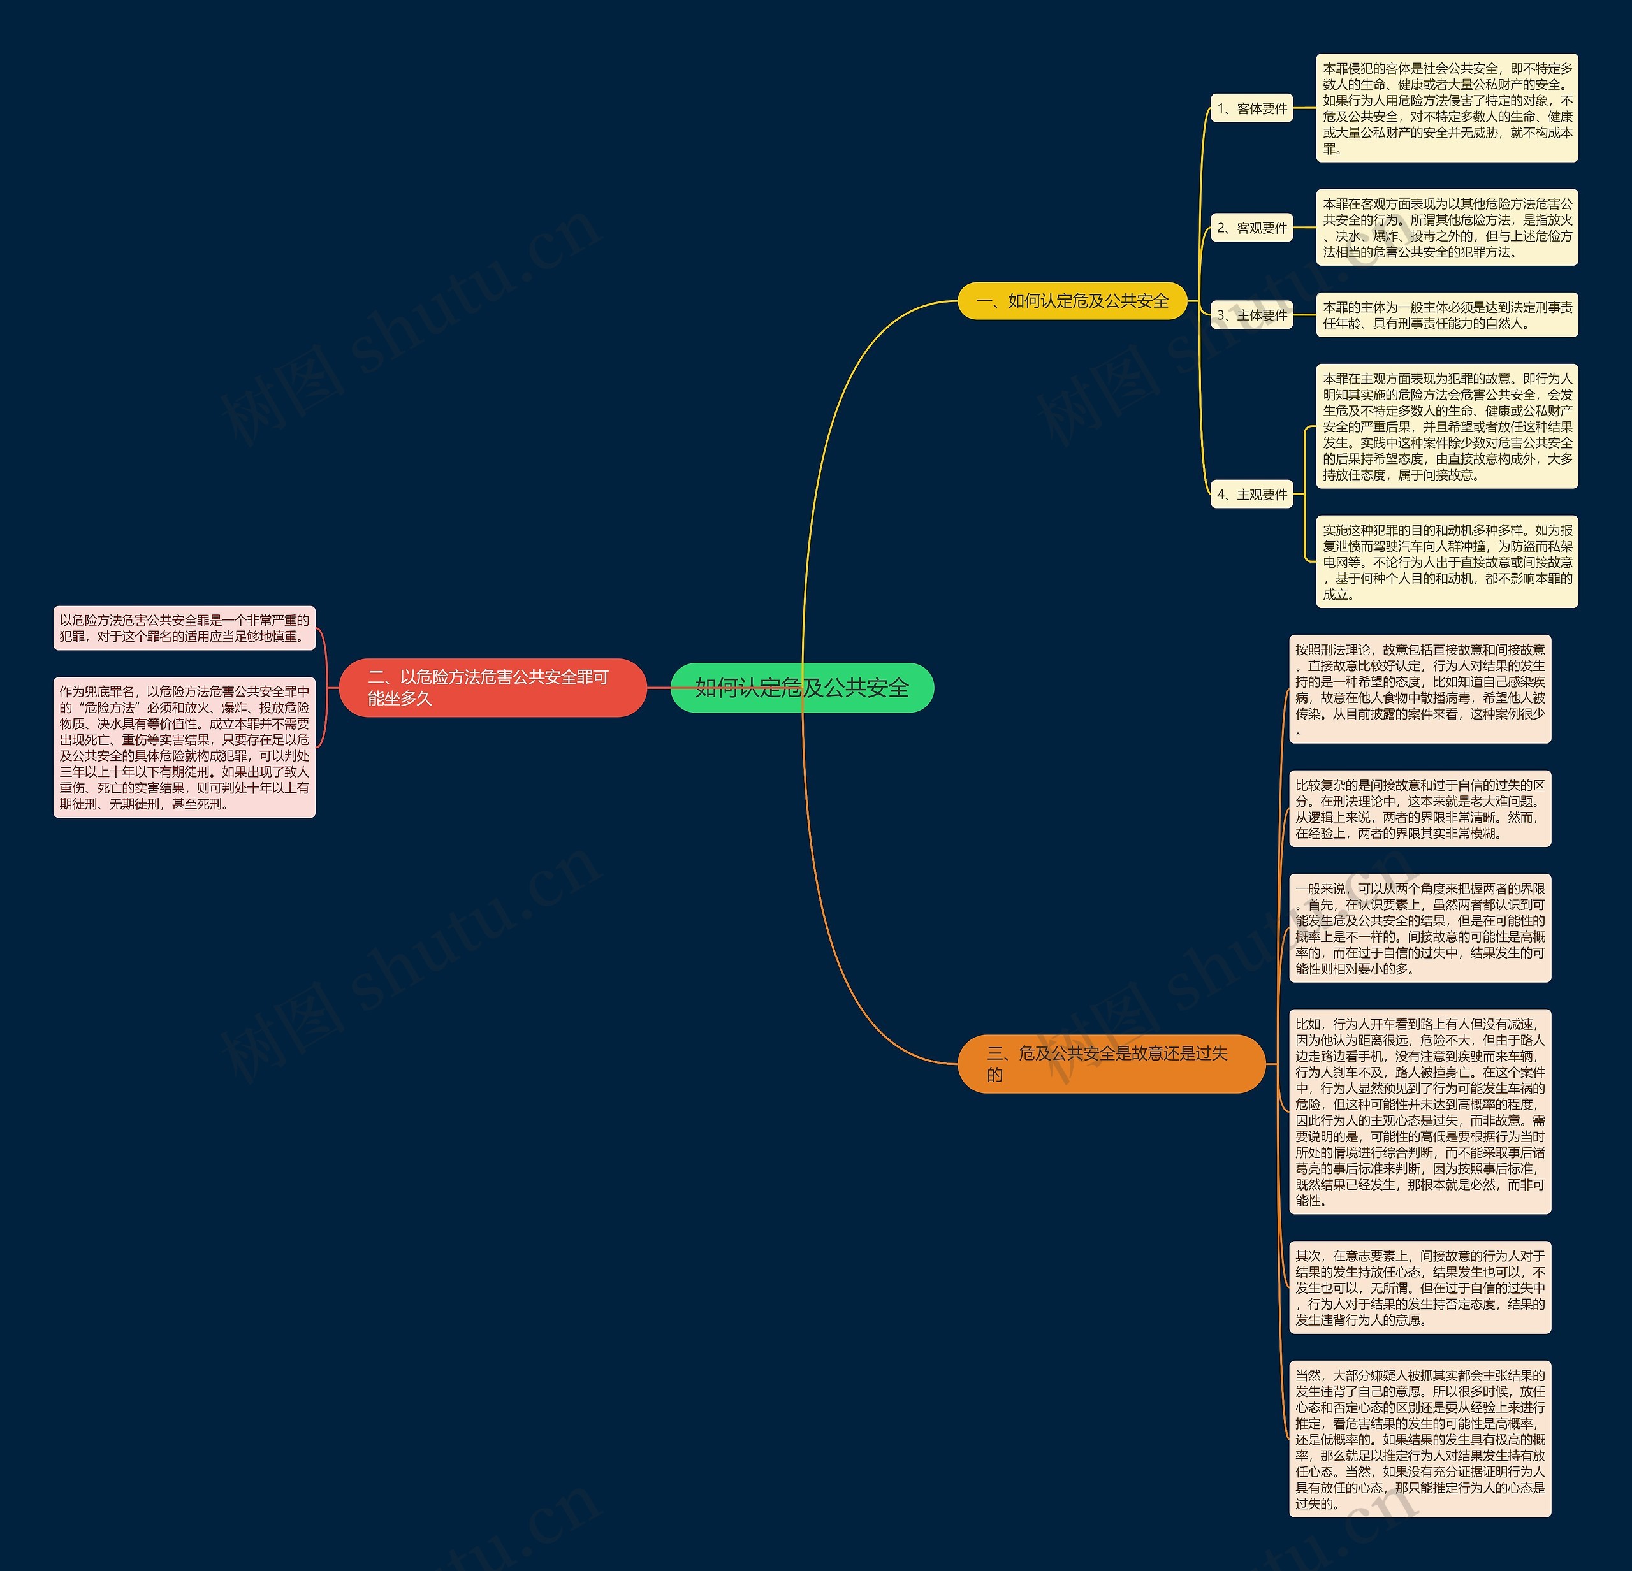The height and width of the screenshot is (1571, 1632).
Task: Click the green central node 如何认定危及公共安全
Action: [x=802, y=688]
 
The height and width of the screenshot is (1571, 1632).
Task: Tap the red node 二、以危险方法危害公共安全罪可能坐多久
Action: [x=492, y=688]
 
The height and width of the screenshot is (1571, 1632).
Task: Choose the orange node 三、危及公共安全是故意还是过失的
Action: [x=1111, y=1063]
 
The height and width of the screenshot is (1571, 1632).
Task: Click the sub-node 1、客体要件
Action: [x=1251, y=108]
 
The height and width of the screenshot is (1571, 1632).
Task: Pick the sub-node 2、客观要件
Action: [x=1251, y=228]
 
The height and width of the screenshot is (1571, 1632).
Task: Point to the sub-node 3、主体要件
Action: [x=1251, y=315]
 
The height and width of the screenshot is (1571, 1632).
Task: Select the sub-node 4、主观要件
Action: [x=1251, y=495]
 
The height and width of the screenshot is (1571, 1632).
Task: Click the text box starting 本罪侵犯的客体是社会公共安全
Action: [x=1446, y=108]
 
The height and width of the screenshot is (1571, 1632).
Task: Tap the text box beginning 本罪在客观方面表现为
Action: [x=1446, y=228]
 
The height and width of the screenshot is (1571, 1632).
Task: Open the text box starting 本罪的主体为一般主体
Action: [x=1446, y=315]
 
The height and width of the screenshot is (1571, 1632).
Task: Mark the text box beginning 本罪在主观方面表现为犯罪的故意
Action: [x=1446, y=426]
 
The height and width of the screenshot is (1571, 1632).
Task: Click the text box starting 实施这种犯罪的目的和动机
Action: [x=1446, y=561]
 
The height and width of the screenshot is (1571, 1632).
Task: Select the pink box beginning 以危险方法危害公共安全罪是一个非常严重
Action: [x=184, y=628]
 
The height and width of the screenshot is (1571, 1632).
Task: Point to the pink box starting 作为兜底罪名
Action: [x=184, y=747]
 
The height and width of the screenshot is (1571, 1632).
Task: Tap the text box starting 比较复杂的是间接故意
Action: [x=1420, y=808]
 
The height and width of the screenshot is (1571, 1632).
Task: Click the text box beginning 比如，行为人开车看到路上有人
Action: [x=1420, y=1111]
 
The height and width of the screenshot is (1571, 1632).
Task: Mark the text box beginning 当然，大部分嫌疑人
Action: [x=1420, y=1438]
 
